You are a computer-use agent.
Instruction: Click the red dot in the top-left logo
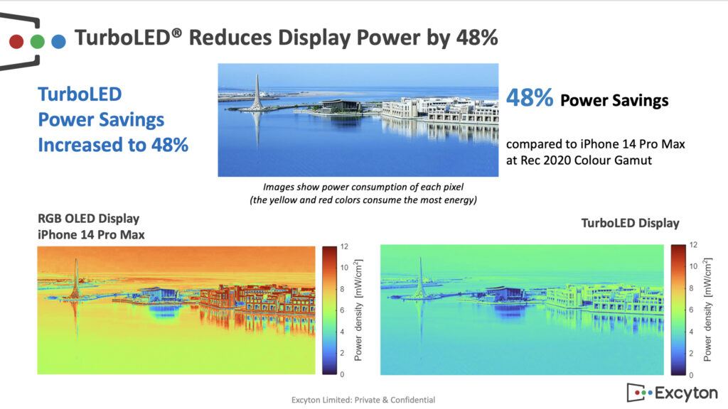(x=16, y=41)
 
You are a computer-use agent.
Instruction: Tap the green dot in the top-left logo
(x=37, y=41)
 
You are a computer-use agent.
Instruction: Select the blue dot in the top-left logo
(x=58, y=41)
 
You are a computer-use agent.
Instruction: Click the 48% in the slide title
(x=477, y=38)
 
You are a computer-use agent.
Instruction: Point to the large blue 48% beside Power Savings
(x=529, y=98)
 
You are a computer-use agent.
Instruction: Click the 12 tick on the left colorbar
(x=344, y=246)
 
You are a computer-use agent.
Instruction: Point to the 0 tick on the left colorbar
(x=342, y=373)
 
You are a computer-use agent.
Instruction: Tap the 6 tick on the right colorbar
(x=691, y=310)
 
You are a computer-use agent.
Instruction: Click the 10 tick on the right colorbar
(x=693, y=266)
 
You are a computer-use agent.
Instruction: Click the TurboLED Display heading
(x=630, y=223)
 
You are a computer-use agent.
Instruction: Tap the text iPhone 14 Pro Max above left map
(x=91, y=234)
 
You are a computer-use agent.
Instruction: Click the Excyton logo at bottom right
(x=673, y=393)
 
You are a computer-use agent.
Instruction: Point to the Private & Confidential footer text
(x=394, y=400)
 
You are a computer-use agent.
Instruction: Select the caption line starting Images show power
(x=363, y=187)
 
